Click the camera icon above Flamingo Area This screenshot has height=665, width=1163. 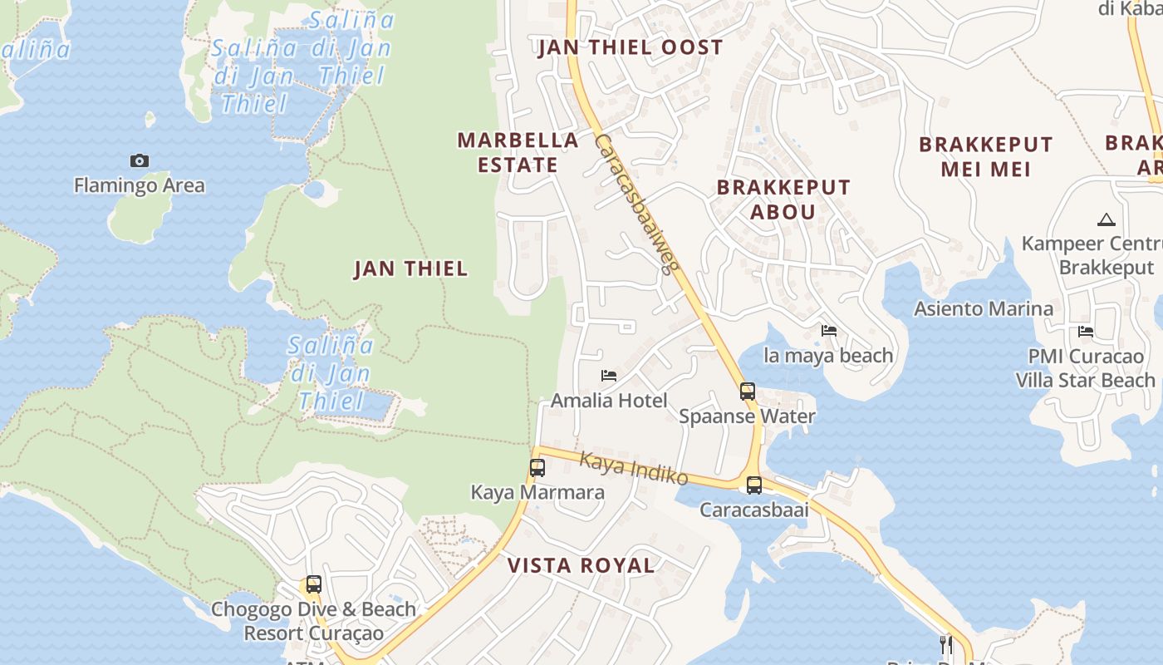pos(140,160)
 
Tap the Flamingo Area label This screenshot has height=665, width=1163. pos(139,185)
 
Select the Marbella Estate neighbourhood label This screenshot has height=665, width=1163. pos(518,152)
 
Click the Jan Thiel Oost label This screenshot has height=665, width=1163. pos(631,47)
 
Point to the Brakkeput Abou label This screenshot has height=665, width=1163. pos(783,199)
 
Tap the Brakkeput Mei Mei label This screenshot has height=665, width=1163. pos(985,156)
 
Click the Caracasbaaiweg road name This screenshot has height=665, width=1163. pos(637,204)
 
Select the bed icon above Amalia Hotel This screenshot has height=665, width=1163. pos(609,376)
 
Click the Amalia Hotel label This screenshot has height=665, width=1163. pos(609,401)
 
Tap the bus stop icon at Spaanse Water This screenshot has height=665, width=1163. pos(748,392)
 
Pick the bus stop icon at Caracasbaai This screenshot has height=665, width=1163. pos(753,485)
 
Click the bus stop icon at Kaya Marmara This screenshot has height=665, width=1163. pos(537,468)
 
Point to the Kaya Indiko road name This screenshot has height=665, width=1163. pos(634,469)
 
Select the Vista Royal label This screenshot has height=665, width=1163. pos(581,566)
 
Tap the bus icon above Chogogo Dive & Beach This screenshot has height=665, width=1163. pos(313,584)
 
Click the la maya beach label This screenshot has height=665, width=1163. pos(828,356)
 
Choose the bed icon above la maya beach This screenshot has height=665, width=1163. pos(828,331)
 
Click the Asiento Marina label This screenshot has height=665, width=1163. pos(984,309)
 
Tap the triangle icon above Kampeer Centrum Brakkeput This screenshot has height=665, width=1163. pos(1106,220)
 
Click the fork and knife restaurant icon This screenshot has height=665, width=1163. pos(945,644)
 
